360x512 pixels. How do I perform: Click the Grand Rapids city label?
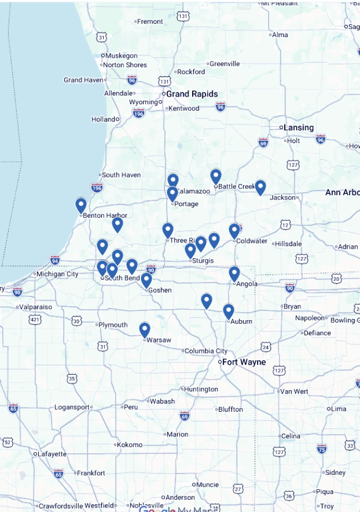192,94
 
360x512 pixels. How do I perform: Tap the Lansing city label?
298,127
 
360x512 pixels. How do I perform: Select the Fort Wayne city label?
244,362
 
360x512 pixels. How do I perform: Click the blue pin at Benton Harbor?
81,206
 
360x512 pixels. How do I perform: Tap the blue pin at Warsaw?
145,330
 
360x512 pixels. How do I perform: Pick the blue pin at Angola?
234,274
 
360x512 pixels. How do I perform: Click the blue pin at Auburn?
228,311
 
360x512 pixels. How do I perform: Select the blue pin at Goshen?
146,280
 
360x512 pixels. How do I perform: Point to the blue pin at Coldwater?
234,231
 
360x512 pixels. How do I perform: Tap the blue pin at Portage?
172,194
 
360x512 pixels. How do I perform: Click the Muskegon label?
121,55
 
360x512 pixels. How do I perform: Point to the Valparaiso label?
35,306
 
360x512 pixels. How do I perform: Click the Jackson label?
282,197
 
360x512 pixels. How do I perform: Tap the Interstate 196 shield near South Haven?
97,187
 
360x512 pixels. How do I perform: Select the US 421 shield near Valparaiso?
36,320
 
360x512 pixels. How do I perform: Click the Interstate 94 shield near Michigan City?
55,260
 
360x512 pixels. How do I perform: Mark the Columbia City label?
205,351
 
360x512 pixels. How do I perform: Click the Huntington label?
201,389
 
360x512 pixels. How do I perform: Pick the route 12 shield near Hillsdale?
285,224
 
